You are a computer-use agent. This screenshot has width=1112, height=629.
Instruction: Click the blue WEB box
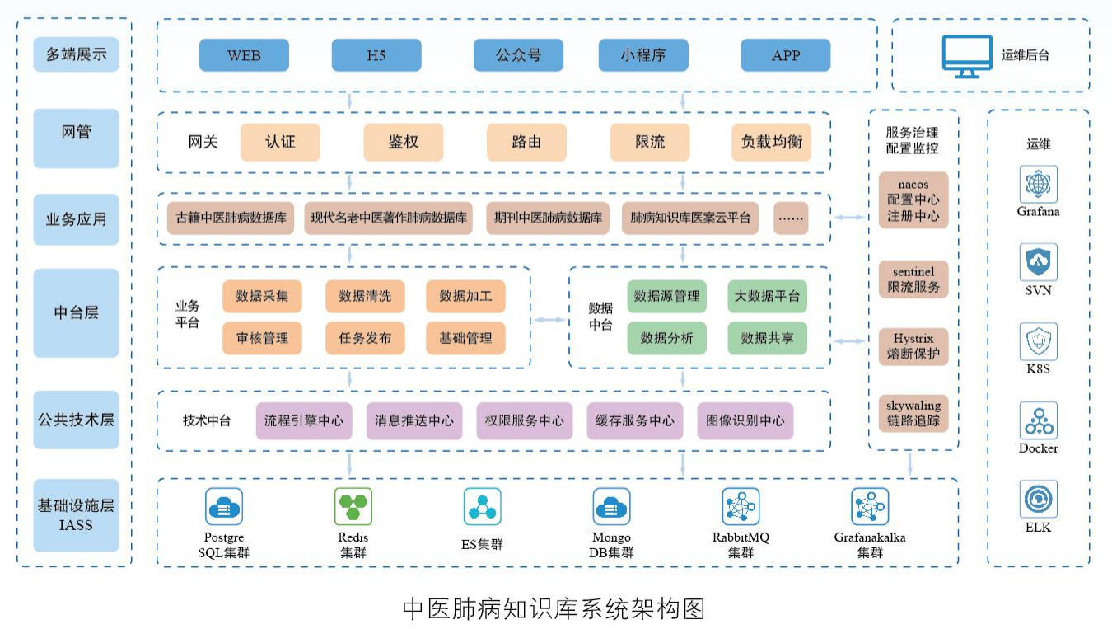244,55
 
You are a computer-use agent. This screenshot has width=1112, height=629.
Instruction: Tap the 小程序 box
642,55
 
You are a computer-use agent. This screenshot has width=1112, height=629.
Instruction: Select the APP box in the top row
785,55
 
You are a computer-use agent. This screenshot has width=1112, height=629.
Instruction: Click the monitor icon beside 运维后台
967,56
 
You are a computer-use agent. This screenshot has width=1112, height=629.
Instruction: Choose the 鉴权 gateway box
403,142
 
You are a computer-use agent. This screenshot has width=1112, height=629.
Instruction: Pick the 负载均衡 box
771,142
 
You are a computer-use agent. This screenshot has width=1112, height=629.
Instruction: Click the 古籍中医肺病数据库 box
231,218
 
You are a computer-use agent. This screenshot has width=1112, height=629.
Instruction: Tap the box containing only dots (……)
791,218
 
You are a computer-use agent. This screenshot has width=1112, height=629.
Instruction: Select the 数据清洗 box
365,296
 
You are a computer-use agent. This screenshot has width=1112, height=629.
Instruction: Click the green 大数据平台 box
767,296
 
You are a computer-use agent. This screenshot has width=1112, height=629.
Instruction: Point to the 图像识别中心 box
745,420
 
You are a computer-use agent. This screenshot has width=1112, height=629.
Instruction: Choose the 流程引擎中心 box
303,420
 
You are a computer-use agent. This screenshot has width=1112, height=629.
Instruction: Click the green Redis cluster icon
353,506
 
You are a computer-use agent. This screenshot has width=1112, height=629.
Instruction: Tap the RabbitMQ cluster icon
741,506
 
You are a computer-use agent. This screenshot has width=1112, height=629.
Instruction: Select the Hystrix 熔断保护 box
913,347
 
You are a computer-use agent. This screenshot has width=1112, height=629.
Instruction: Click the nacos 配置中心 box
913,199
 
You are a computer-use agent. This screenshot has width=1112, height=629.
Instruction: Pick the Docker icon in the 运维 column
1038,421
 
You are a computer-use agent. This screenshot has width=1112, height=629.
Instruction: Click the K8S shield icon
1038,341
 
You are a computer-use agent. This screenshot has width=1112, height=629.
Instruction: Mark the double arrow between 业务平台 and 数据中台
549,319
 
